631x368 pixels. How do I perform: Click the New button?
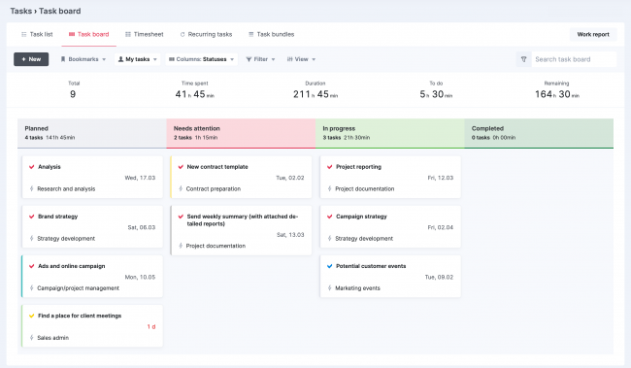point(31,59)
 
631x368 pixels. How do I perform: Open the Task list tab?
point(37,34)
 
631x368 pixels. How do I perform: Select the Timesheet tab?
point(145,34)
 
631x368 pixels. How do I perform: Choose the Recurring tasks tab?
point(206,34)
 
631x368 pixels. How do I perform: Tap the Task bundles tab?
point(271,34)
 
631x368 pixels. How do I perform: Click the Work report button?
point(593,34)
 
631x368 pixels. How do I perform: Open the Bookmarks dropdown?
point(83,59)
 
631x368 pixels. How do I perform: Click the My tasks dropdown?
point(138,59)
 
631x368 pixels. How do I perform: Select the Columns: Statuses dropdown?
point(201,59)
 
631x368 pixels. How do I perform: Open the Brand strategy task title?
point(57,217)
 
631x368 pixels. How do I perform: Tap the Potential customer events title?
point(371,265)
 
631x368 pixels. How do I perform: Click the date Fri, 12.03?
point(440,178)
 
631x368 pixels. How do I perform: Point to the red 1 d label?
point(150,326)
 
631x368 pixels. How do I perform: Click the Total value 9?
point(73,95)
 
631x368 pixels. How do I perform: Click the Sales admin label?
point(54,339)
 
